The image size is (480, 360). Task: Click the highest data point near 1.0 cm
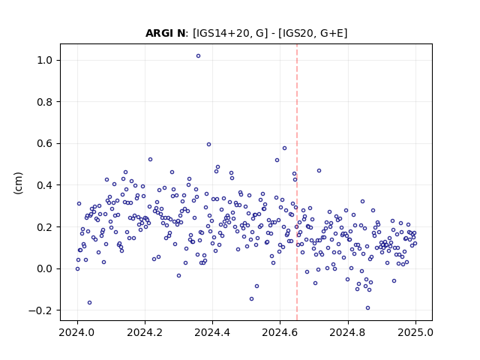tap(198, 56)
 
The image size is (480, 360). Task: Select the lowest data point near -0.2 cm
tap(367, 308)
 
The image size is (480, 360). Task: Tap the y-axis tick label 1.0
tap(44, 60)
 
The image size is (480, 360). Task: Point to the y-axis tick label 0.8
tap(44, 102)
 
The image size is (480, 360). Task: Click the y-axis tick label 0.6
tap(44, 143)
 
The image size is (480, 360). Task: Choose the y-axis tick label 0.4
tap(44, 185)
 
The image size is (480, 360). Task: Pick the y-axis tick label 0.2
tap(44, 226)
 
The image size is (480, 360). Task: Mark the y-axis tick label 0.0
tap(44, 268)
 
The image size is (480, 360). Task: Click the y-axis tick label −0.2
tap(40, 310)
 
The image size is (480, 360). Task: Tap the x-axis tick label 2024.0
tap(77, 332)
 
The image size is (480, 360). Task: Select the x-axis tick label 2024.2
tap(145, 332)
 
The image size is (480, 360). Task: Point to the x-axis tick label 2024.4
tap(212, 332)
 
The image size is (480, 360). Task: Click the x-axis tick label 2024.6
tap(280, 332)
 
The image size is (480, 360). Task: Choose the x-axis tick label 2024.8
tap(348, 332)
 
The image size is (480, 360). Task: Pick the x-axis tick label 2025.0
tap(415, 332)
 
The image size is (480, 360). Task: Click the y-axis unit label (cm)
tap(18, 183)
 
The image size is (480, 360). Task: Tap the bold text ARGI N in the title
tap(165, 33)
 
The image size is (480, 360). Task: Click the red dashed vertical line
tap(297, 182)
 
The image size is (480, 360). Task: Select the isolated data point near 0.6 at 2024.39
tap(208, 145)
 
